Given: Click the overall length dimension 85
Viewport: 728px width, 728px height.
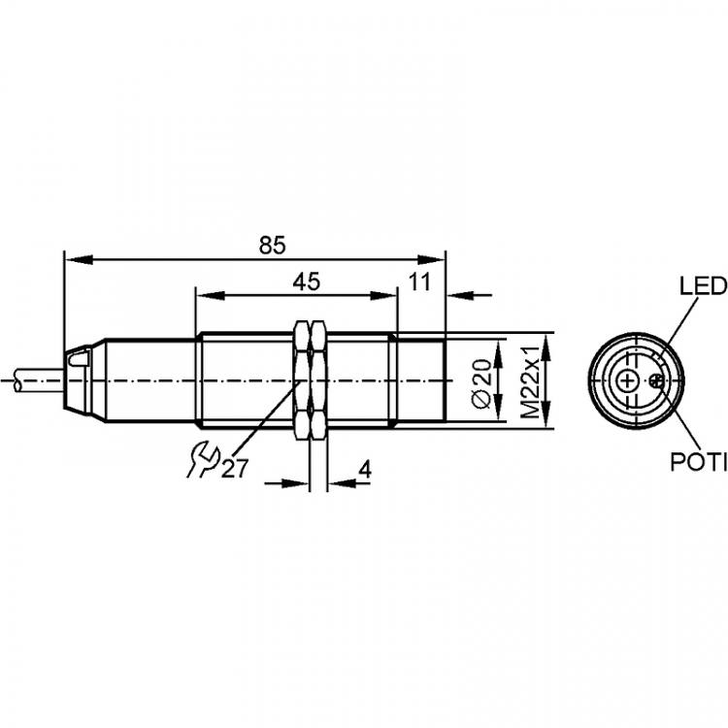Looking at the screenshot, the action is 273,246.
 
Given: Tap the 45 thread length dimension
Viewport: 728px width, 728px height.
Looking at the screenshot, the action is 307,281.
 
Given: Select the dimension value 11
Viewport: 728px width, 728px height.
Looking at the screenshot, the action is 419,281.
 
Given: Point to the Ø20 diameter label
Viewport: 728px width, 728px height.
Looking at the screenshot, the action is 481,383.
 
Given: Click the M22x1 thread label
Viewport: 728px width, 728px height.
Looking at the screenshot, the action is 530,381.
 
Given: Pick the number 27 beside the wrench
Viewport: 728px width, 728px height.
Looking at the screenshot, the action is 236,469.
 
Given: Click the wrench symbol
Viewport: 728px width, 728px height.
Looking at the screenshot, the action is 203,460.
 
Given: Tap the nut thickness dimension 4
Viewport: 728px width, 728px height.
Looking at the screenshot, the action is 365,470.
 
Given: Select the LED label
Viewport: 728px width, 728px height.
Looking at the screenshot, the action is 703,286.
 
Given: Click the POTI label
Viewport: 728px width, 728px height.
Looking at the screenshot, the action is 698,462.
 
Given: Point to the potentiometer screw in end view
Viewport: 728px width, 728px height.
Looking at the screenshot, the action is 656,381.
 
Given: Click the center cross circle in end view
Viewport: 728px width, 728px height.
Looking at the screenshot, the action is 628,381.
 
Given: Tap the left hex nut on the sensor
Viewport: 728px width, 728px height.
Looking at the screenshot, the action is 302,380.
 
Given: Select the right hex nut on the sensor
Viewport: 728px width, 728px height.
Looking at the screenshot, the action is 318,380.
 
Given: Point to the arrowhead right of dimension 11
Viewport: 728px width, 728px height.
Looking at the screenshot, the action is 459,294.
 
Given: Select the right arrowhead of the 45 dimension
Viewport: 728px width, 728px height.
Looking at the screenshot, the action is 383,294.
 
